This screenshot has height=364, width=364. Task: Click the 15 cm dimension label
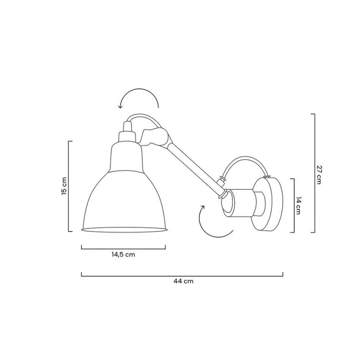pyautogui.click(x=65, y=186)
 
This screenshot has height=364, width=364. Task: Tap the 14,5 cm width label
pyautogui.click(x=123, y=255)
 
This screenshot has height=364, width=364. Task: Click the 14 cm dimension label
pyautogui.click(x=298, y=205)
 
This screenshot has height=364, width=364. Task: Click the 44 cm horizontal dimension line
pyautogui.click(x=182, y=274)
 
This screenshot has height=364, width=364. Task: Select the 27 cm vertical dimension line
pyautogui.click(x=313, y=173)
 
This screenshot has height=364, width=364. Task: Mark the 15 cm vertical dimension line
pyautogui.click(x=70, y=187)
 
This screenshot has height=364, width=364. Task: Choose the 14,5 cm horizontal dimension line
pyautogui.click(x=123, y=248)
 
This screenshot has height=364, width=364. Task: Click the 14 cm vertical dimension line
pyautogui.click(x=293, y=205)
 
